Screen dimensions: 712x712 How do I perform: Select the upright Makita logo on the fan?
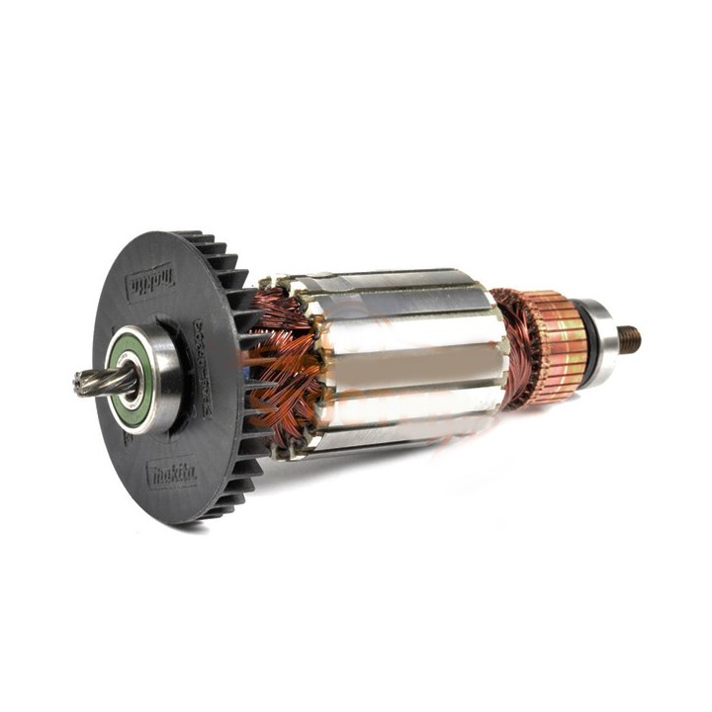[172, 472]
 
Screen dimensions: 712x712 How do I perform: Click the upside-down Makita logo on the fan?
[150, 284]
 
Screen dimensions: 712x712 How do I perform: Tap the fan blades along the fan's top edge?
[213, 247]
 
